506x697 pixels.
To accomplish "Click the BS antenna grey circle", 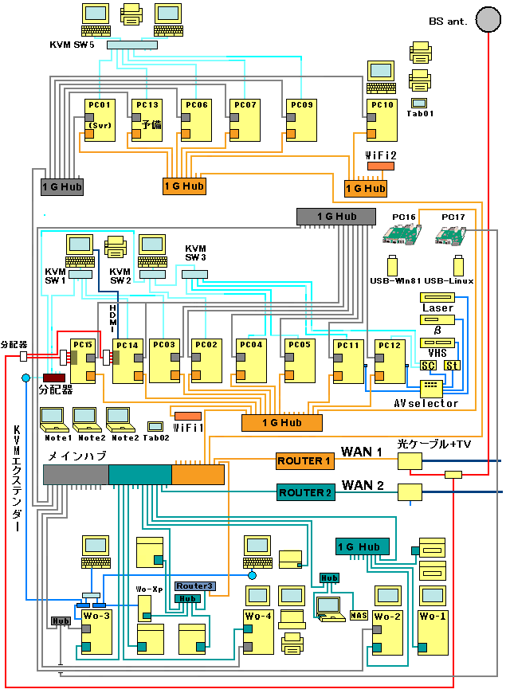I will [487, 18].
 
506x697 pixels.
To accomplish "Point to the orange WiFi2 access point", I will [380, 166].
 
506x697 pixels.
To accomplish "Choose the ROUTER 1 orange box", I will [304, 461].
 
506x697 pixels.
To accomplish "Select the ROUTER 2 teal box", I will [304, 493].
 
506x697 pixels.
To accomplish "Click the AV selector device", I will [431, 388].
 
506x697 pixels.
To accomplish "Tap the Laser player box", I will [437, 297].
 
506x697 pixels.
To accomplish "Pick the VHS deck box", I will [437, 342].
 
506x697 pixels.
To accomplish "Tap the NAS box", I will [359, 615].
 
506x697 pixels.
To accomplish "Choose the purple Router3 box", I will [194, 586].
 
